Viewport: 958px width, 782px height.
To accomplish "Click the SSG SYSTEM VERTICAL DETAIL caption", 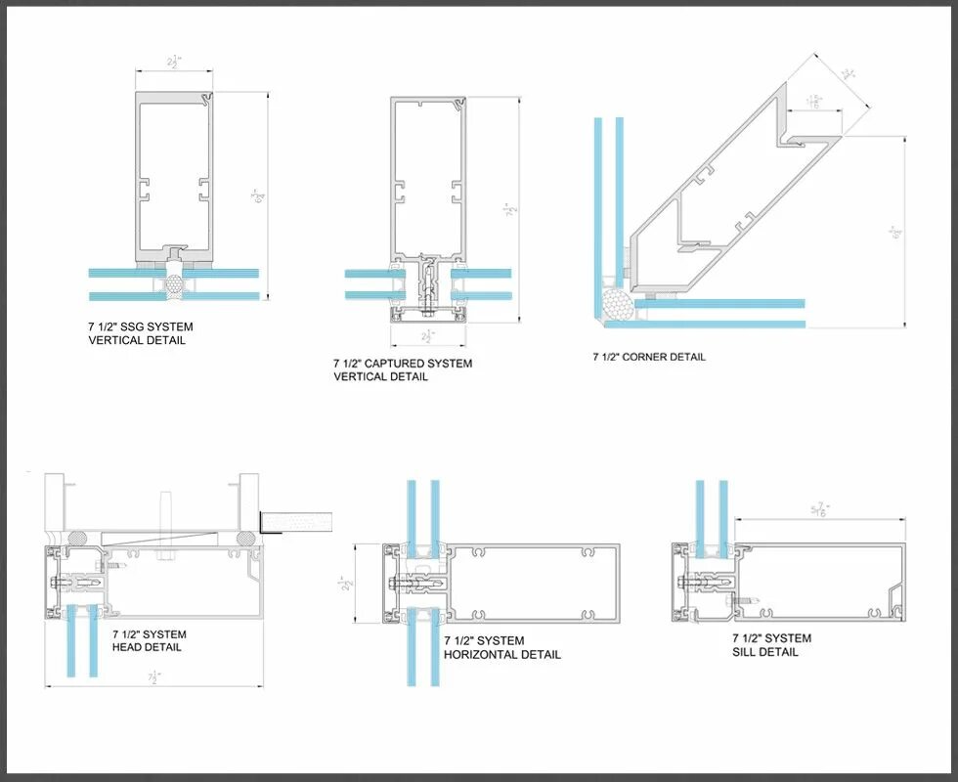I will (140, 333).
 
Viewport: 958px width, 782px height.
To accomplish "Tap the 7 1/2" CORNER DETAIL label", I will (648, 357).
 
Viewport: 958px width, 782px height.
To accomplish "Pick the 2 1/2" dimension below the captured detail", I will (426, 336).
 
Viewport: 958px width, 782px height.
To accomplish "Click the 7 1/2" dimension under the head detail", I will (153, 676).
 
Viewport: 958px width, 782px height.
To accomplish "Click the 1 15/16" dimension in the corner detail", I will (813, 101).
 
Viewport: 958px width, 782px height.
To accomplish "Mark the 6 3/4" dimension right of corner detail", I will (895, 233).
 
